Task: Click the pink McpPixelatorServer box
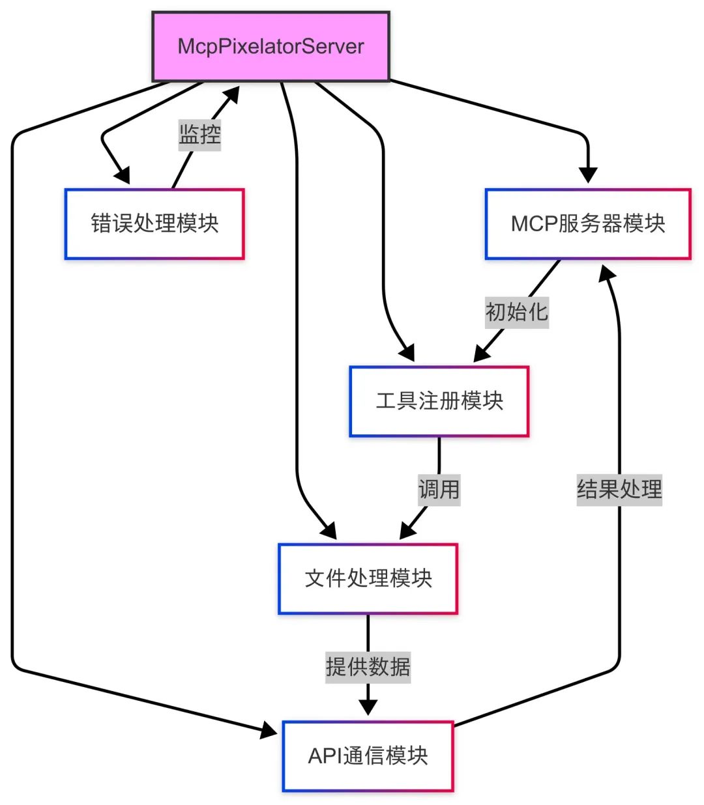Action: [271, 46]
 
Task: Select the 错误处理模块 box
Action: [154, 224]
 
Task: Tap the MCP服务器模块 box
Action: [587, 224]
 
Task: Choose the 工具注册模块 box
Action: [439, 401]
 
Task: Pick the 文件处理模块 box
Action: [368, 578]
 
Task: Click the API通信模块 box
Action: [368, 756]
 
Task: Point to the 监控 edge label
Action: [200, 135]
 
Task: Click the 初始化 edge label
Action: [517, 311]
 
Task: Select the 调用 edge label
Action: [439, 488]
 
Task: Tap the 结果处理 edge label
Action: [619, 488]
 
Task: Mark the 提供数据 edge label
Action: [368, 666]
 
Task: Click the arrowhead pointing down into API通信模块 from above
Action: [368, 707]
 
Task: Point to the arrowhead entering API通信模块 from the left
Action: [269, 731]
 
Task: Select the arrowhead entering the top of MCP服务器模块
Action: [587, 175]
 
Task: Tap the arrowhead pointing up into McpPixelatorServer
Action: [231, 96]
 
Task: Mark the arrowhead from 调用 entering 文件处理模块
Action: [407, 531]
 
